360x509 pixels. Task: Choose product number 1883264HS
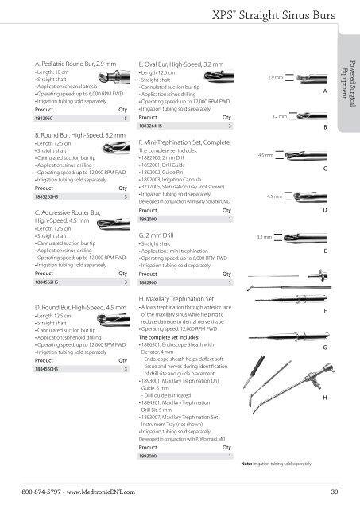pos(153,126)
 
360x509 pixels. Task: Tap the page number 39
pos(335,492)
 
